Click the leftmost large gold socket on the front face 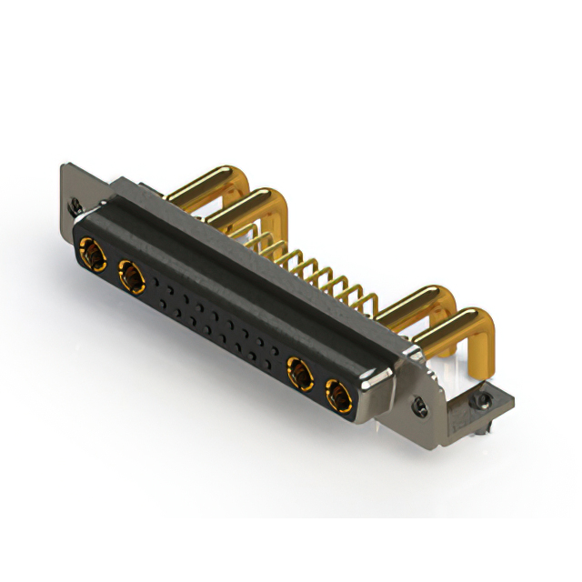92,252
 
